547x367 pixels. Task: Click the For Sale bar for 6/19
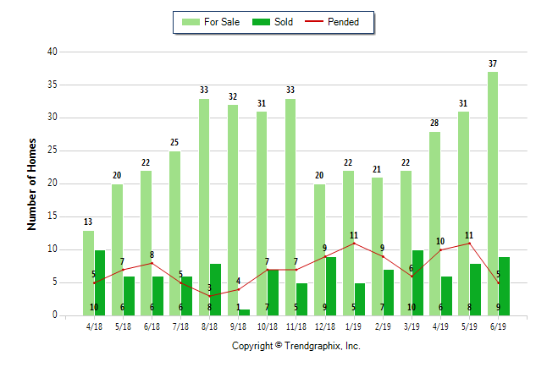pos(493,194)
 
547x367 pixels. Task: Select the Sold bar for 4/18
pos(100,283)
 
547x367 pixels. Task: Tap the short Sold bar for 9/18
pos(244,313)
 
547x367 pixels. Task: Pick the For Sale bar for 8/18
pos(204,207)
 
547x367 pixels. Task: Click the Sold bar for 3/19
pos(417,283)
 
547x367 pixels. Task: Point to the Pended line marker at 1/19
pos(354,244)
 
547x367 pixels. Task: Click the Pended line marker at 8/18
pos(210,296)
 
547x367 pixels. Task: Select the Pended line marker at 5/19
pos(470,244)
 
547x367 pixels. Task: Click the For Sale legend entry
pos(211,22)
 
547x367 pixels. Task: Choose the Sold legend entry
pos(273,22)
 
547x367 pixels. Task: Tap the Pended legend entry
pos(332,22)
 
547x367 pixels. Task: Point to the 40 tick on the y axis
pos(52,52)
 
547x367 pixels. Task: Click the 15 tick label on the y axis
pos(52,216)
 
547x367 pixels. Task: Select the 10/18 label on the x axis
pos(268,326)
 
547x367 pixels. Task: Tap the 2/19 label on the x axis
pos(383,326)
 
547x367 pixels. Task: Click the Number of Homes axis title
pos(31,184)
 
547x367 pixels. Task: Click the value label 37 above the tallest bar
pos(493,63)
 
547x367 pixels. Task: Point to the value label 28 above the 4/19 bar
pos(434,123)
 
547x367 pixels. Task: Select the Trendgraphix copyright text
pos(296,346)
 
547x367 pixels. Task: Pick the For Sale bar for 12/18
pos(319,250)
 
